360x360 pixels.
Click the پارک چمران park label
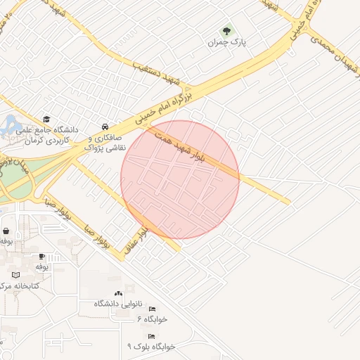point(225,42)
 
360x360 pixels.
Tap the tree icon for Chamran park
point(226,31)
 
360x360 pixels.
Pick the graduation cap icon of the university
point(46,120)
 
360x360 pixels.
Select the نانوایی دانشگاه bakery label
point(118,304)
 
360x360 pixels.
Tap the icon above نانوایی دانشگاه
point(117,293)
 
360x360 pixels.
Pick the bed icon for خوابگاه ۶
point(152,309)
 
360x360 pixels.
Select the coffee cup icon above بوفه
point(42,257)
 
